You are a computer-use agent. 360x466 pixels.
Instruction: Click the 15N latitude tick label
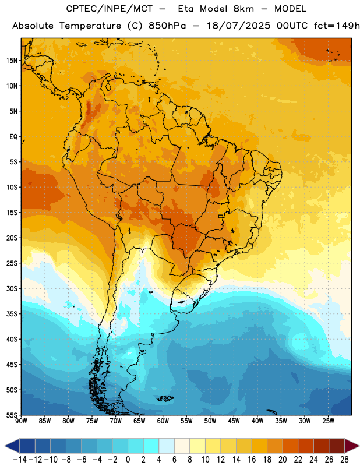pyautogui.click(x=12, y=61)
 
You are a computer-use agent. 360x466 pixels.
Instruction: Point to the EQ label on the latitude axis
pyautogui.click(x=13, y=137)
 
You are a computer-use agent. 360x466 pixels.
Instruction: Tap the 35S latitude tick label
pyautogui.click(x=12, y=314)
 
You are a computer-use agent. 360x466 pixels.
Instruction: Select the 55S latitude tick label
pyautogui.click(x=12, y=415)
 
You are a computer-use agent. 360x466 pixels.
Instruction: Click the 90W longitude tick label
pyautogui.click(x=21, y=421)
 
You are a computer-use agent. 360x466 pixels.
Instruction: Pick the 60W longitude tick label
pyautogui.click(x=163, y=421)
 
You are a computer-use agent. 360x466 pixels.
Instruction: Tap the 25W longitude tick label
pyautogui.click(x=328, y=421)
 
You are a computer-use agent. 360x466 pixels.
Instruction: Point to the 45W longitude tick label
pyautogui.click(x=234, y=421)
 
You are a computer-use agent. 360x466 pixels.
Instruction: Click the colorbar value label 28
pyautogui.click(x=344, y=460)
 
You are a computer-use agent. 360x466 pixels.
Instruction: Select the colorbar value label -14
pyautogui.click(x=20, y=460)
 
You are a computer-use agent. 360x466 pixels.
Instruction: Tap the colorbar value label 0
pyautogui.click(x=128, y=460)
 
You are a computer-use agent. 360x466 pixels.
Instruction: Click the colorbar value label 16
pyautogui.click(x=252, y=460)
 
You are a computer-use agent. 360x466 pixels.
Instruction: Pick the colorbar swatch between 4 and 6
pyautogui.click(x=167, y=446)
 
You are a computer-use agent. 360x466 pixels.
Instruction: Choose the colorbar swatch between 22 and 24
pyautogui.click(x=306, y=446)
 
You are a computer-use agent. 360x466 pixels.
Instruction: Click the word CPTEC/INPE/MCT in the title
pyautogui.click(x=110, y=9)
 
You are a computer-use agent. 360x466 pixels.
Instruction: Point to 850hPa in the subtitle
pyautogui.click(x=167, y=26)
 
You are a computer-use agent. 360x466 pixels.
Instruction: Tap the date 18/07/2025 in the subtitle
pyautogui.click(x=238, y=26)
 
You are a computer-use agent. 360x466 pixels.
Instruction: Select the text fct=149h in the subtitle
pyautogui.click(x=337, y=26)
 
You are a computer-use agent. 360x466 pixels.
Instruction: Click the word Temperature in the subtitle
pyautogui.click(x=90, y=26)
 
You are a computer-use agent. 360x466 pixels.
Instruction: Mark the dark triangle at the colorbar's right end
pyautogui.click(x=351, y=446)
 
